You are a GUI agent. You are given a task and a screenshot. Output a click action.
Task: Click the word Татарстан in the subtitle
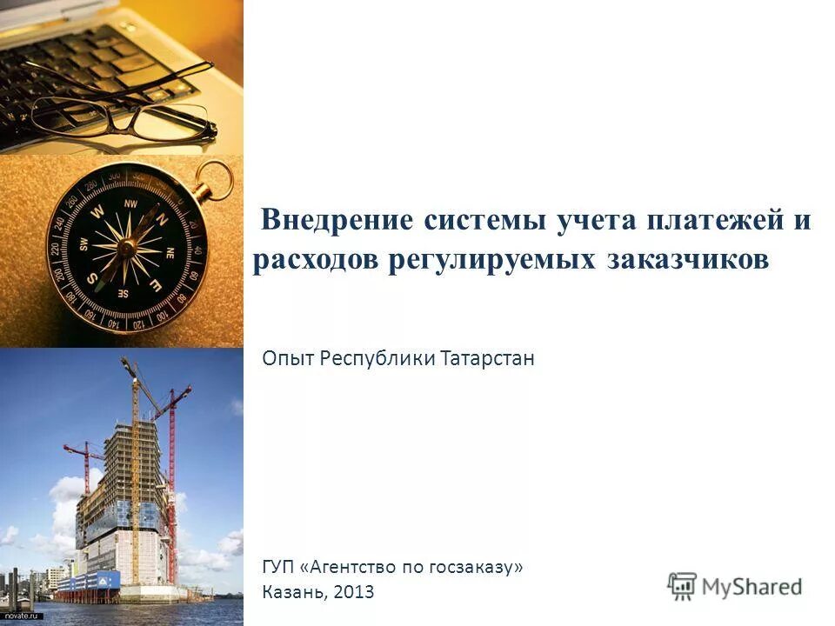[487, 358]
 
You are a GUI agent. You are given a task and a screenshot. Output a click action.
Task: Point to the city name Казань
[292, 593]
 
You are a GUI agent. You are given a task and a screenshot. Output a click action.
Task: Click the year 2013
[354, 593]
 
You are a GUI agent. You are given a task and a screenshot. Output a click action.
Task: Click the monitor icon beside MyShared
[683, 585]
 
